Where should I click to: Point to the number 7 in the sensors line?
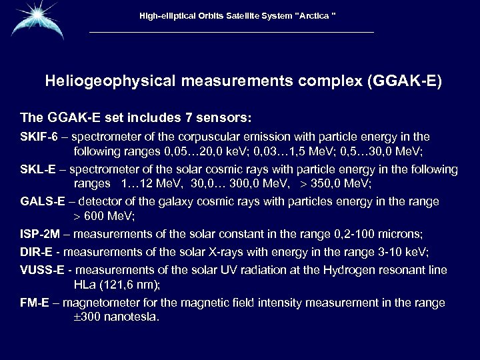189,118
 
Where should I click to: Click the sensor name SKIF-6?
36,137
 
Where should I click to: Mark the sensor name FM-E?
34,303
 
